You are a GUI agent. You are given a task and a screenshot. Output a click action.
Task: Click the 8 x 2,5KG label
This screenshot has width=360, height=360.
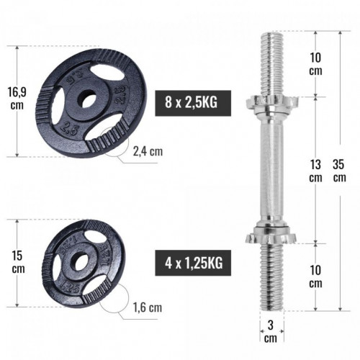tap(190, 102)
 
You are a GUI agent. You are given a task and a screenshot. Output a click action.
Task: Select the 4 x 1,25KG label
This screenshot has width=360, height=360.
tap(190, 263)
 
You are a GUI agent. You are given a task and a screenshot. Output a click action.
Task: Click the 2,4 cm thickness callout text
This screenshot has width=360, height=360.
tap(147, 151)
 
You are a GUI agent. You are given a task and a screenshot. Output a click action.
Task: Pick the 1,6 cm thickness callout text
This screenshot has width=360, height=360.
tap(147, 307)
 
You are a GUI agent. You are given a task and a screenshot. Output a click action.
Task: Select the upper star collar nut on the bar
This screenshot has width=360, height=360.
tap(267, 102)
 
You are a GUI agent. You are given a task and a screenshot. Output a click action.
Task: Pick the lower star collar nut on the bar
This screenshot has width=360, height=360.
tap(267, 233)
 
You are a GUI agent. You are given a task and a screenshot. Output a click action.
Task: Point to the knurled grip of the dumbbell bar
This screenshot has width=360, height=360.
tap(267, 167)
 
